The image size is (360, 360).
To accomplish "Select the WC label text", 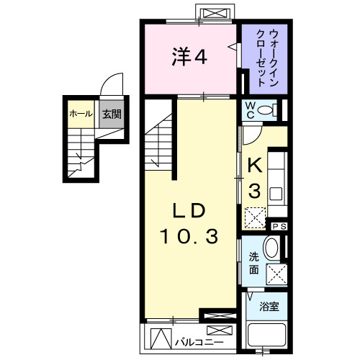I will pos(248,109).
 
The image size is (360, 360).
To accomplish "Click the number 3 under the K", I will pos(254,191).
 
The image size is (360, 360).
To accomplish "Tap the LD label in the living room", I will pos(189,210).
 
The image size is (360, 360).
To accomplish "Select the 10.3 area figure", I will pos(189,235).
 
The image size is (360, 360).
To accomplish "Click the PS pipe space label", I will pos(280,227).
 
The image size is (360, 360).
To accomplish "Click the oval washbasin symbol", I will pos(272,248).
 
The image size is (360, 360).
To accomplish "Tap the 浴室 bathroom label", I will pos(270,306).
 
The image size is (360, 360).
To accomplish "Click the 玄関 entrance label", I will pos(110,114).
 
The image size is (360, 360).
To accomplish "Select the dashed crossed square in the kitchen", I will pos(254,217).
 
